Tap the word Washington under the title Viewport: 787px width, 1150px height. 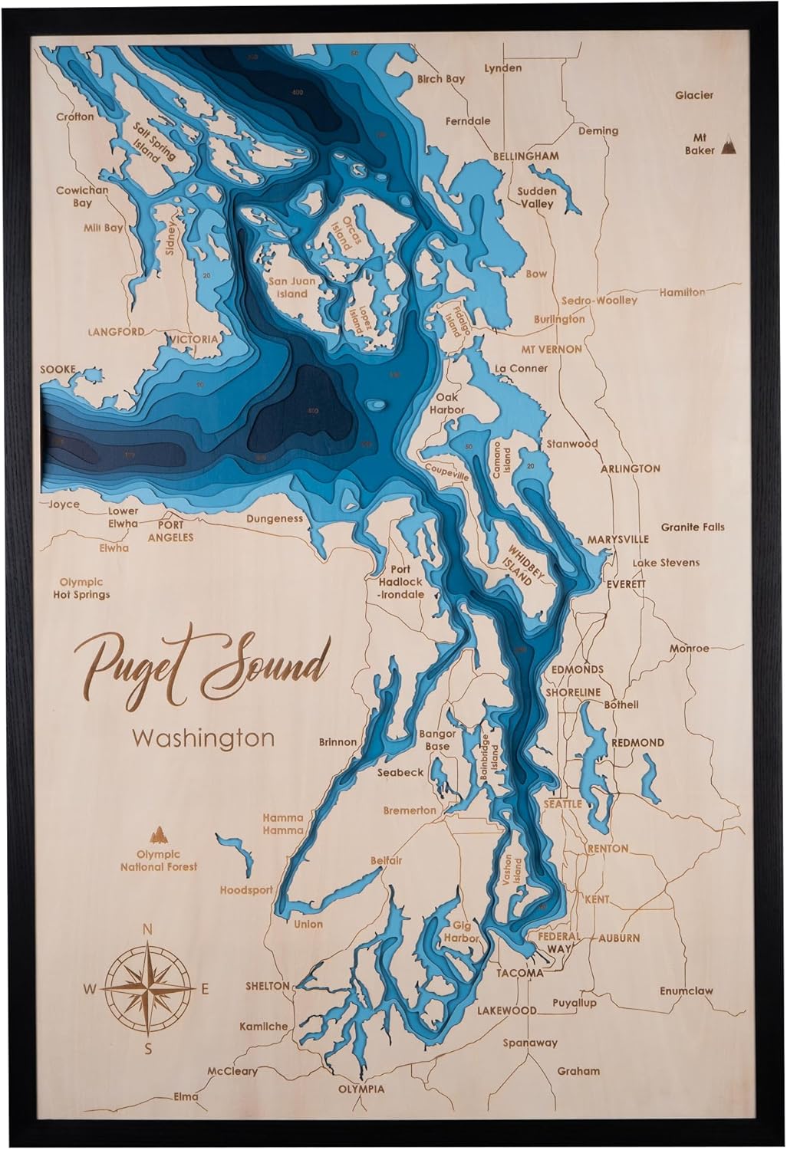[203, 738]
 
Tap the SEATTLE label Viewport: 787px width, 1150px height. [563, 804]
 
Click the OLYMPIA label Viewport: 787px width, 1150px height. [361, 1089]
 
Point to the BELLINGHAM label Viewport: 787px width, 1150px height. [525, 156]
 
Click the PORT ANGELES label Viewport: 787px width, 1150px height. [176, 532]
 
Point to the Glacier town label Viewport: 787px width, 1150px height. [693, 95]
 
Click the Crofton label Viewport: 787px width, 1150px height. [75, 117]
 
